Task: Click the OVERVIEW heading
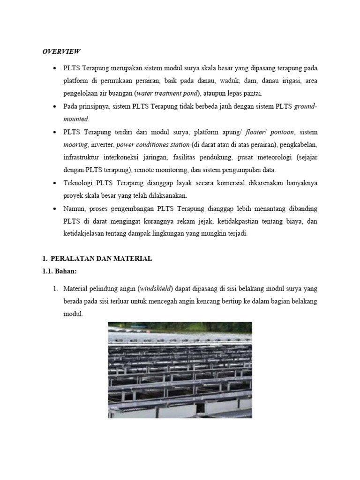tap(61, 51)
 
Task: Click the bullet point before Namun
tap(55, 208)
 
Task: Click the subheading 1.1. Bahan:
tap(59, 271)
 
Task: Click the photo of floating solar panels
tap(180, 370)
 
